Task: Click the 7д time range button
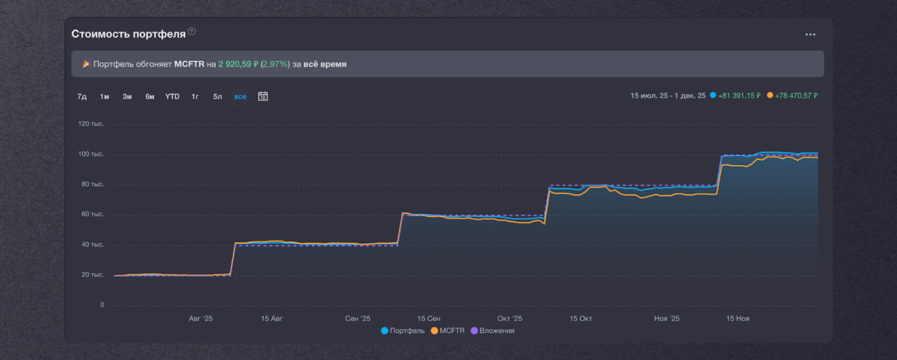82,96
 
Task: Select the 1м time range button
104,96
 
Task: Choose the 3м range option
127,96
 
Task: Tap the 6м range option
150,96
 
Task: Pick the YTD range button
172,96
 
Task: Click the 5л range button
218,96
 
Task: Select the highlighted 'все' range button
240,96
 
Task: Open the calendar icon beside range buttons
263,96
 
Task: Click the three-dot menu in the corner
810,35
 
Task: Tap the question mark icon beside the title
192,31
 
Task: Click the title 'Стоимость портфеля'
128,34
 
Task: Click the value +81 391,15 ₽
739,96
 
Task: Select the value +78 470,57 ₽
796,96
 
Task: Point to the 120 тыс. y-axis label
91,124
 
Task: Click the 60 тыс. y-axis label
93,214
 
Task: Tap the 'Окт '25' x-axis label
510,319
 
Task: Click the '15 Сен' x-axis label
429,319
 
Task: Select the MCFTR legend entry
448,331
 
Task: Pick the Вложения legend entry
493,331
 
